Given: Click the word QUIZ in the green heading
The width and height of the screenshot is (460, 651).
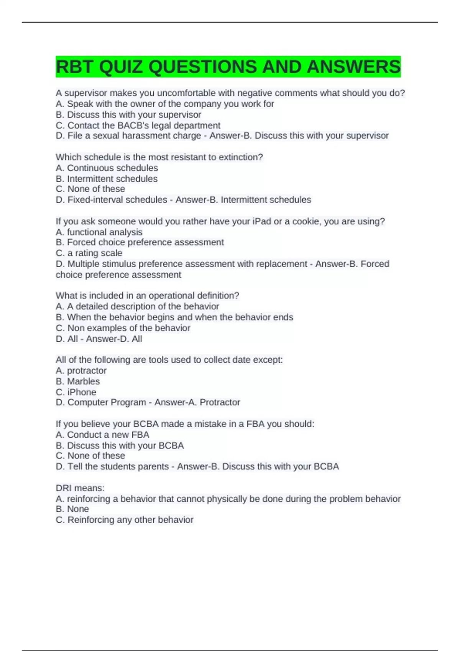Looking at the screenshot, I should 121,67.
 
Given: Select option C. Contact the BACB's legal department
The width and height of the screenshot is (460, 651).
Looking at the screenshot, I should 138,125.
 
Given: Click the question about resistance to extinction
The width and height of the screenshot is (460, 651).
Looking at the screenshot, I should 159,157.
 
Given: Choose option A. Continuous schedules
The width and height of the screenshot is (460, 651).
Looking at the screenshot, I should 107,168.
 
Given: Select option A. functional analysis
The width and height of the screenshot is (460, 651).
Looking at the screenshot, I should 99,232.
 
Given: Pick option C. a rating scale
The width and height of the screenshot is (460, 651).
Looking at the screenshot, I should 89,253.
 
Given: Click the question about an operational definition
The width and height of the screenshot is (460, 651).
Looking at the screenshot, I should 147,296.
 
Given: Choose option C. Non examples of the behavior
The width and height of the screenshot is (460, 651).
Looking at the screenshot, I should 123,328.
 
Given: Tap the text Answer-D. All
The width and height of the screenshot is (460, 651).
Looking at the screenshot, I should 114,339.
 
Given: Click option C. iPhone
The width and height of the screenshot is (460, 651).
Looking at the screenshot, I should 76,392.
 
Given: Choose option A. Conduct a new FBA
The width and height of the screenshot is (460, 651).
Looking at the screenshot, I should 102,435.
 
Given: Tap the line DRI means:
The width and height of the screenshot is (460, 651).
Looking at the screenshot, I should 80,488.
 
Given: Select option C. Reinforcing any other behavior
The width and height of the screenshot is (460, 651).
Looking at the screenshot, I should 124,520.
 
